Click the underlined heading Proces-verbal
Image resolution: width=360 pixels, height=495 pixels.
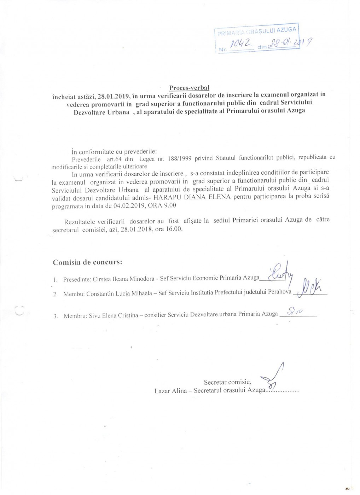[189, 88]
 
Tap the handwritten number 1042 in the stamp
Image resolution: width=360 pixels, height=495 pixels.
[241, 44]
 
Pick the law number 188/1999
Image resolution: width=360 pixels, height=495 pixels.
[180, 158]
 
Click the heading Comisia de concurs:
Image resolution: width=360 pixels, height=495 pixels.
[87, 262]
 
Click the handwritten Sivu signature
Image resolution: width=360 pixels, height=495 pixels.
[295, 311]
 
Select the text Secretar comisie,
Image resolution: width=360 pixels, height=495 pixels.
[227, 382]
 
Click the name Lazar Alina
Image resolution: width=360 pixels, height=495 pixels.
[170, 391]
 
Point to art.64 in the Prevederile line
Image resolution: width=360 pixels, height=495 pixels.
[114, 159]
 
